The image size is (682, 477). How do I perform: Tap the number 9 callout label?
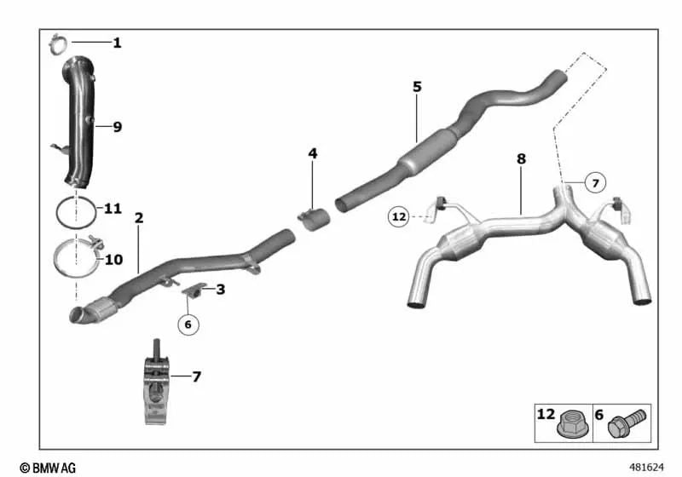click(117, 127)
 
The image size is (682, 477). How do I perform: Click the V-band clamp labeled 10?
click(76, 257)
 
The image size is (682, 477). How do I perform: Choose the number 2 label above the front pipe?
click(139, 218)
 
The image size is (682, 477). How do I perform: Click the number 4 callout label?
click(313, 153)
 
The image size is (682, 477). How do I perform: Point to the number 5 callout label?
click(417, 86)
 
